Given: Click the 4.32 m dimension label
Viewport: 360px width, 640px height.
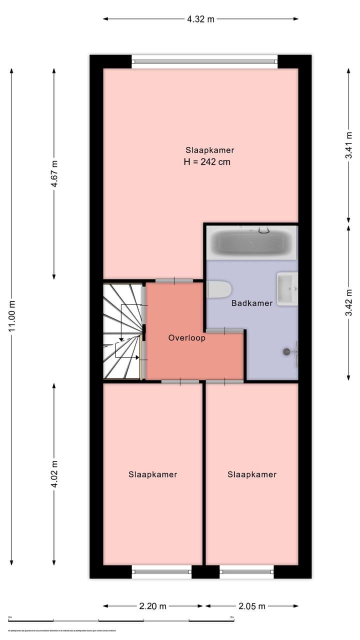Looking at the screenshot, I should tap(200, 19).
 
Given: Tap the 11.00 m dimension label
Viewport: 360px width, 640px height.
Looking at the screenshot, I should tap(11, 315).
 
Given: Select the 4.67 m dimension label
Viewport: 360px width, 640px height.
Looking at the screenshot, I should tap(54, 173).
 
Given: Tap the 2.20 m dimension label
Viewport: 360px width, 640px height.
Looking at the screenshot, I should tap(152, 606).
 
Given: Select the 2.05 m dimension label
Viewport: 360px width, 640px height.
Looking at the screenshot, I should tap(252, 606).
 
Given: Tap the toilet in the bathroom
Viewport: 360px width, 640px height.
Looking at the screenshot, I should tap(219, 289).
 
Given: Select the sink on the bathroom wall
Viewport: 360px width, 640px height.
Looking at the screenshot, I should tap(287, 288).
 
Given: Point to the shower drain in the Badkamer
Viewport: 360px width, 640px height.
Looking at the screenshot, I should tap(287, 351).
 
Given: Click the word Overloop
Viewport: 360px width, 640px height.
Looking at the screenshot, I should tap(186, 338).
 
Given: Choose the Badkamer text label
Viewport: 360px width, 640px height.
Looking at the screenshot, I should tap(252, 303).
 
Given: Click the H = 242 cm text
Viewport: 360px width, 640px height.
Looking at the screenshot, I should tap(207, 162).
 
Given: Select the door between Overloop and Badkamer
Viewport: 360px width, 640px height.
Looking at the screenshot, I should tap(224, 330).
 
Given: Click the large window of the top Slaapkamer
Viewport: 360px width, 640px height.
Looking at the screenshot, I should tap(204, 61).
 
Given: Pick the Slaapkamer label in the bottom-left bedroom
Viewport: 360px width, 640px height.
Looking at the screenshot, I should tap(152, 474).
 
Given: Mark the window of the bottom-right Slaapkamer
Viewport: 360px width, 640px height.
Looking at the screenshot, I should tap(246, 571).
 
